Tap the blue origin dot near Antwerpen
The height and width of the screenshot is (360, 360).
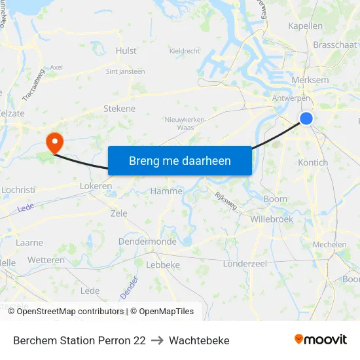click(306, 118)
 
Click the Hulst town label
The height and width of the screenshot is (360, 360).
click(126, 50)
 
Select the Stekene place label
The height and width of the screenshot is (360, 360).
click(119, 109)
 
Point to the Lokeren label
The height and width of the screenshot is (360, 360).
click(96, 186)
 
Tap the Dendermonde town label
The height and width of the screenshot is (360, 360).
click(147, 242)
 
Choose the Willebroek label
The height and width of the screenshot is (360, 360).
click(272, 219)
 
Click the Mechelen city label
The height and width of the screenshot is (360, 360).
click(329, 245)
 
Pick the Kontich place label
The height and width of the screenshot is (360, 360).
click(312, 162)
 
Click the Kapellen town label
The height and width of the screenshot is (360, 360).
click(306, 26)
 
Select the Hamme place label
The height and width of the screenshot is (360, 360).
click(166, 191)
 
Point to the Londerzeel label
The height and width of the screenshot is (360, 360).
click(245, 263)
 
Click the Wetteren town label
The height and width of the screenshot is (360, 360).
click(46, 260)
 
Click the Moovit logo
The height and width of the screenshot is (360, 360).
click(320, 340)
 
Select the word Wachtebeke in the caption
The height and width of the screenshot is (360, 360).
click(199, 340)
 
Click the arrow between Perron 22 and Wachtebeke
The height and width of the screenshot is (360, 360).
click(157, 340)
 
